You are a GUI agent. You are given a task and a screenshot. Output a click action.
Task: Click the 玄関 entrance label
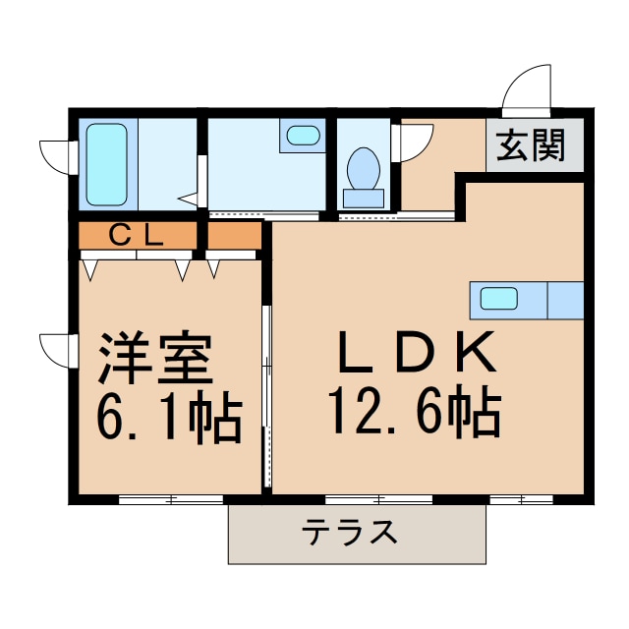click(x=530, y=147)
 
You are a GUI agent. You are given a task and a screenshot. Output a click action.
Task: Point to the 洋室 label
click(x=155, y=360)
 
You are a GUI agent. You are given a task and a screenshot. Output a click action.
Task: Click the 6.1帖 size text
click(x=167, y=417)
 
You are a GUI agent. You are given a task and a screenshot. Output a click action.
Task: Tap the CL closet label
click(x=137, y=236)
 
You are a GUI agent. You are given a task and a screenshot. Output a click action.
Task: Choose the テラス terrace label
click(x=350, y=534)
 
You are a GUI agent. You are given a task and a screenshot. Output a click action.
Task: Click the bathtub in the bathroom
click(x=106, y=164)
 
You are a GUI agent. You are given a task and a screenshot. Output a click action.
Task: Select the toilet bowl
click(x=364, y=169)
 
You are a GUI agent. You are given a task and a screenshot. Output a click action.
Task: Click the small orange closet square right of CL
click(x=234, y=236)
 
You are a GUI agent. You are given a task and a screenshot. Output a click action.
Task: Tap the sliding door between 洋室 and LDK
click(x=265, y=393)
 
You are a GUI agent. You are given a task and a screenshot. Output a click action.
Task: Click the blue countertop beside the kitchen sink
click(x=565, y=298)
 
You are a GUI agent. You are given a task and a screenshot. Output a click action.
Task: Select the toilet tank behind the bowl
click(x=363, y=198)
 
